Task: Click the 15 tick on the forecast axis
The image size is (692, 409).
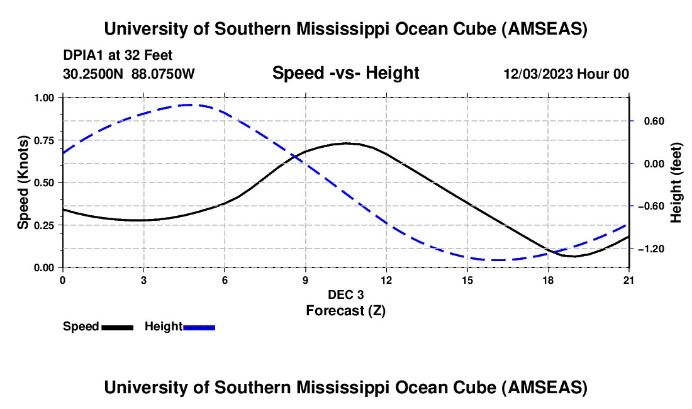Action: [467, 279]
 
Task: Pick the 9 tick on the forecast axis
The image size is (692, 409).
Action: [306, 279]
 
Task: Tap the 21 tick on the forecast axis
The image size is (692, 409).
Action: [629, 279]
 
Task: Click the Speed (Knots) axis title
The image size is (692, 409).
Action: [23, 182]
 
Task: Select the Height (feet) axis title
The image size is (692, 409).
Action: [676, 182]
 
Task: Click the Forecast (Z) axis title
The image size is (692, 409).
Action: [345, 310]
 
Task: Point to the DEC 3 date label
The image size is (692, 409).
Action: [345, 294]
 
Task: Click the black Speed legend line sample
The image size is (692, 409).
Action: [118, 327]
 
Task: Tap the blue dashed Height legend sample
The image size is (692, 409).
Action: [199, 327]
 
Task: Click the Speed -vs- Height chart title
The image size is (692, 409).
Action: [345, 73]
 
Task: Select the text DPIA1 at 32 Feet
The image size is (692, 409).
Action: [118, 55]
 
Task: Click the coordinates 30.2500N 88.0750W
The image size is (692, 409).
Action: [129, 74]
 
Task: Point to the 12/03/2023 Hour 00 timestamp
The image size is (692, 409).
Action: [566, 74]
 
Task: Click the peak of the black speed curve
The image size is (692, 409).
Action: [347, 143]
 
